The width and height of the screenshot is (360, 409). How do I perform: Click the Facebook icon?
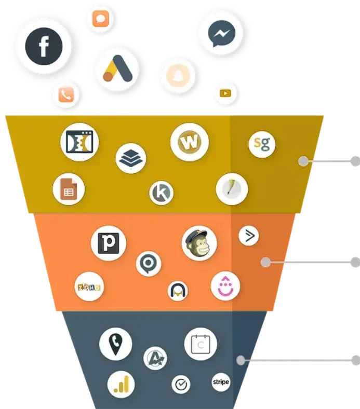pos(43,46)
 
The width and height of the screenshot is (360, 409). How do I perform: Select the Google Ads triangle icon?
pos(117,70)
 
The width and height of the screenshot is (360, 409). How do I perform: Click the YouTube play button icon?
pos(225,93)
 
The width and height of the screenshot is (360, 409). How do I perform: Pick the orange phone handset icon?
pos(66,94)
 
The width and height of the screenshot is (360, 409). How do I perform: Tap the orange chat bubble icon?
pos(99,19)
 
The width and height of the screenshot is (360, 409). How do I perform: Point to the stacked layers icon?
pos(131,158)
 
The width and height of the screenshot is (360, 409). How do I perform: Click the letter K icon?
pos(161,193)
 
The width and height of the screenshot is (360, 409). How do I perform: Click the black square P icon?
pos(109,243)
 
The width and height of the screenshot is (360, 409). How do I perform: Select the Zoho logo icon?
pos(89,287)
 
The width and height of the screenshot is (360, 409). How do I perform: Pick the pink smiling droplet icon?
pos(225,286)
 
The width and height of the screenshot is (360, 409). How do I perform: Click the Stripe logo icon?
pos(221,383)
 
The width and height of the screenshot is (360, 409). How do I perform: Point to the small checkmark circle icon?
pos(181,385)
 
